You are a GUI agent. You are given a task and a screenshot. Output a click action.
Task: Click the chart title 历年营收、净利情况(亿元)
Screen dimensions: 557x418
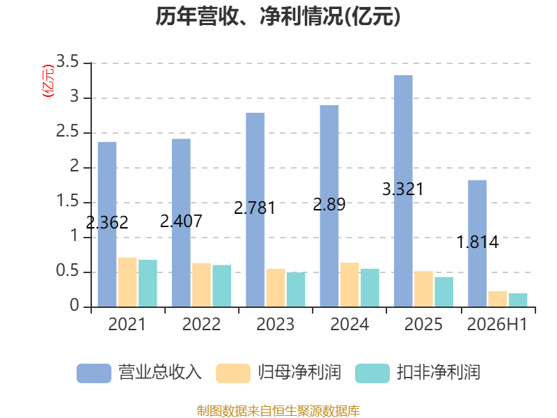point(278,16)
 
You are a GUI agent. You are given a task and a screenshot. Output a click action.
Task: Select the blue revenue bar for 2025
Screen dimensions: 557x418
point(403,191)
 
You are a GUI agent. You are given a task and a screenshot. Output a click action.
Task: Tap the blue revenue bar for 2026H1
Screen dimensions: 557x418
point(477,243)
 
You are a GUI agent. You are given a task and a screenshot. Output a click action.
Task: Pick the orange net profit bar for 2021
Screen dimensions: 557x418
point(127,282)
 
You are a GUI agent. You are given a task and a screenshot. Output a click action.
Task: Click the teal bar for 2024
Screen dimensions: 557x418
point(370,288)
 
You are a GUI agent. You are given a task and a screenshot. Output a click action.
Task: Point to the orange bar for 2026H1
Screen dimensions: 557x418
point(498,299)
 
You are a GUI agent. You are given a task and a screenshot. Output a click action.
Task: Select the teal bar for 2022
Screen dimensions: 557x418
point(221,286)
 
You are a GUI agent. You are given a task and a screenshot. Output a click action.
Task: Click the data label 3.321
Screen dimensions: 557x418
point(403,189)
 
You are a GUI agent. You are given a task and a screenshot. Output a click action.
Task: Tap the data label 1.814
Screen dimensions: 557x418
point(478,242)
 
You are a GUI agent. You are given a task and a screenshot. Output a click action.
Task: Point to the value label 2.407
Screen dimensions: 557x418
point(181,221)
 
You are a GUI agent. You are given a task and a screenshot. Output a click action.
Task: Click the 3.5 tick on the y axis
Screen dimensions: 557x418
point(67,62)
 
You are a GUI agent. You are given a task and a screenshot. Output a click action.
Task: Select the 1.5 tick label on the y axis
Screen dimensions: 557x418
point(67,201)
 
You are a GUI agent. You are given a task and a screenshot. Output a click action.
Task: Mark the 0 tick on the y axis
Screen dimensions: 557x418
point(74,305)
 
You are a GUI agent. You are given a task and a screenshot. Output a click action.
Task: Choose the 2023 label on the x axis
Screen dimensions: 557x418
point(275,324)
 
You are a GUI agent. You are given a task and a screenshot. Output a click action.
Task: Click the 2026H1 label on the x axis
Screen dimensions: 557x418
point(497,324)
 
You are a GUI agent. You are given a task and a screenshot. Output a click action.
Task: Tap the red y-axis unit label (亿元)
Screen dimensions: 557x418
point(48,81)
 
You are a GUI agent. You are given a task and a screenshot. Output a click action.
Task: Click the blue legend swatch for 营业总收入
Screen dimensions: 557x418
point(94,373)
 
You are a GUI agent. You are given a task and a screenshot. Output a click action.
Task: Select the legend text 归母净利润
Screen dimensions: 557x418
point(299,373)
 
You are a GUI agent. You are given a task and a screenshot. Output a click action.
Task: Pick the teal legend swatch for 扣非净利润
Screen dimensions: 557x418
point(372,373)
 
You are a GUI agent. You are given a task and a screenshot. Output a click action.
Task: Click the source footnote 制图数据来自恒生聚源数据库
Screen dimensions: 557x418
point(278,411)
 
